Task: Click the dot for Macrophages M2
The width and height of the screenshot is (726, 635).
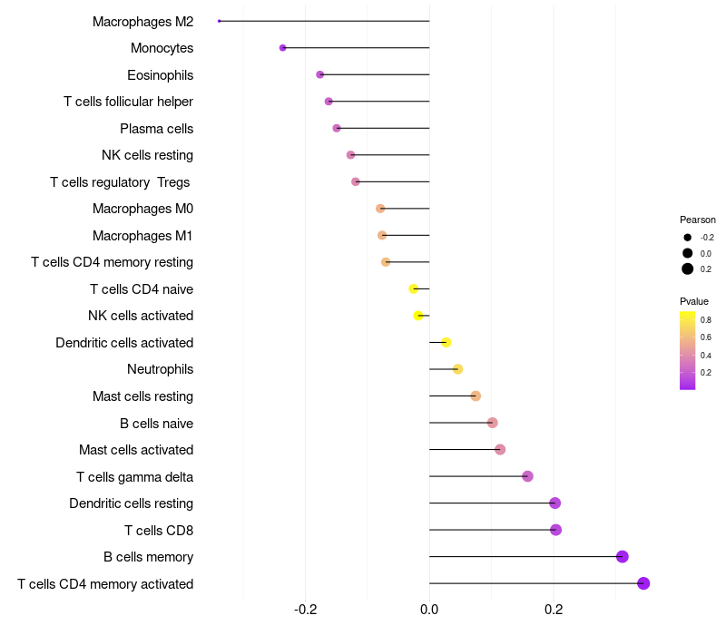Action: pos(220,21)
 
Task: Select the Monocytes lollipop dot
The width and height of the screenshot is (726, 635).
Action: pos(283,48)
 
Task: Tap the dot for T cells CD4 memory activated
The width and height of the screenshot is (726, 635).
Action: pos(643,583)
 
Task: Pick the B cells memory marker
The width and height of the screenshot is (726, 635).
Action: pos(623,556)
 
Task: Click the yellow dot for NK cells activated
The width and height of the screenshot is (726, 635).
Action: pos(418,316)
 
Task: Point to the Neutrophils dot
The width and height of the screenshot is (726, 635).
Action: pos(457,369)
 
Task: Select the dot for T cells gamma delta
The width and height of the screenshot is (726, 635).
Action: pos(527,476)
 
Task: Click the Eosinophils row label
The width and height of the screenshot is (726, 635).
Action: pos(161,75)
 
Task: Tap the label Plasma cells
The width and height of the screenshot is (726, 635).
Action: pos(156,129)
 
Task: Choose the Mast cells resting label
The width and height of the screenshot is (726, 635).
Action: pos(142,396)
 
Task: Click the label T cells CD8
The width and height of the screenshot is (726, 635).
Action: pos(159,531)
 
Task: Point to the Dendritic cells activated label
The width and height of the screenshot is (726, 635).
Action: pos(124,343)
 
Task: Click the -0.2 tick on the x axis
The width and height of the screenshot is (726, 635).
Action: pos(306,609)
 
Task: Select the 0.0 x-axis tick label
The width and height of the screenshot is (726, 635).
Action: pos(429,609)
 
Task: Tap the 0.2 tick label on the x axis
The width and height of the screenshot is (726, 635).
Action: pos(554,609)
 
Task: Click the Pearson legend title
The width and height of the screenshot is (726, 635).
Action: pos(697,220)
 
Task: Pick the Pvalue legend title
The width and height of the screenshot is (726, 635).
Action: pos(694,301)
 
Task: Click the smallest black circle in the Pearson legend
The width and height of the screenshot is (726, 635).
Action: pos(688,238)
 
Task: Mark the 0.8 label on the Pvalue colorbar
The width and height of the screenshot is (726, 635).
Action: pos(706,320)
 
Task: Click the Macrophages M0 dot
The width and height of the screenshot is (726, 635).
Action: pos(380,209)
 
